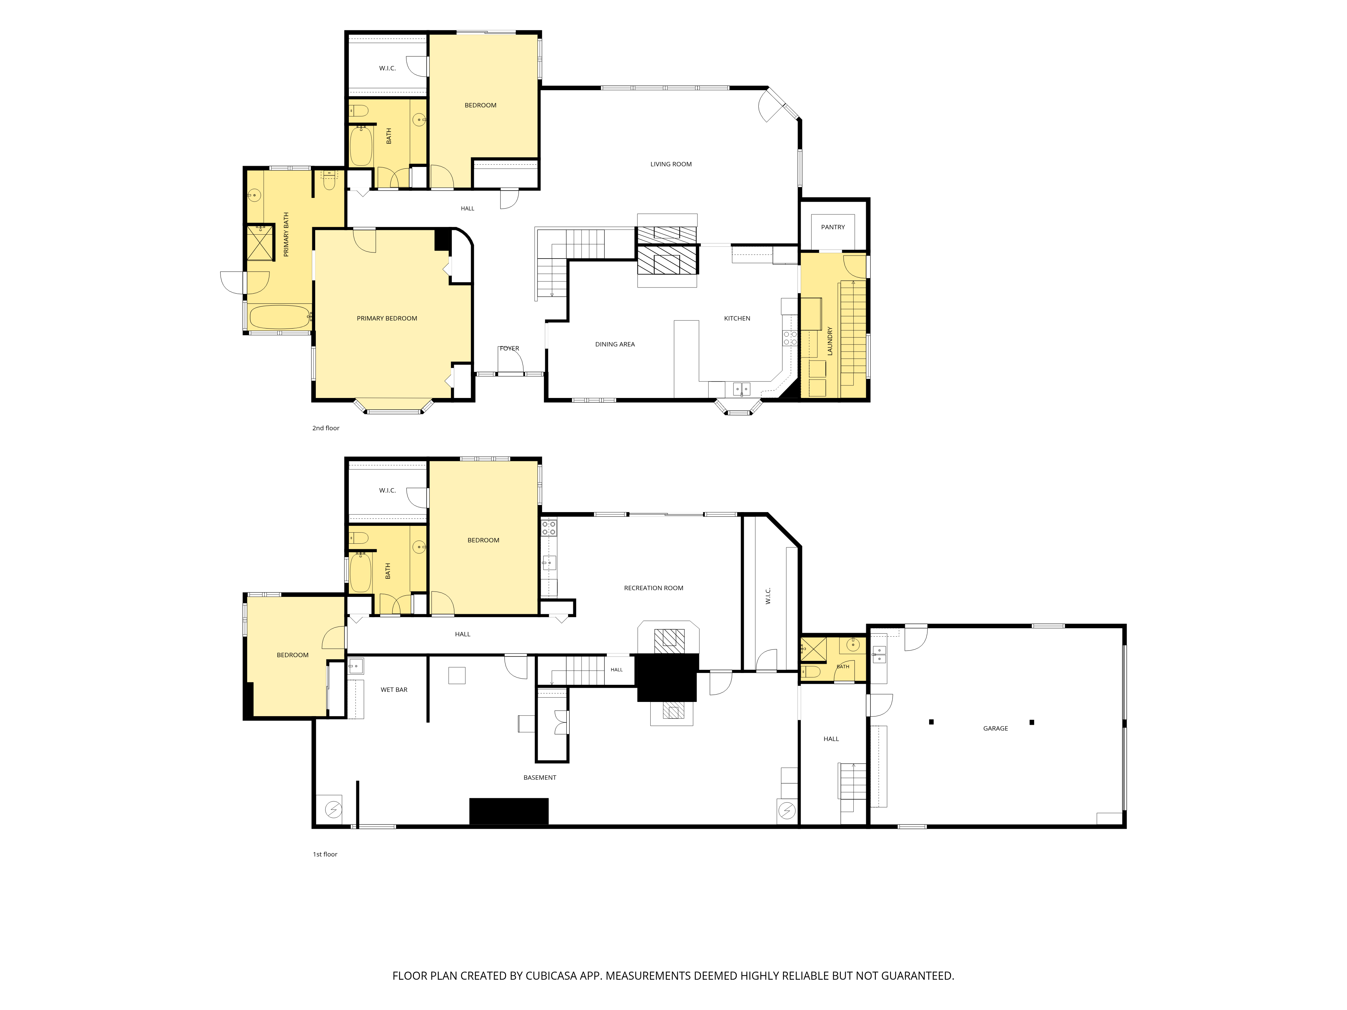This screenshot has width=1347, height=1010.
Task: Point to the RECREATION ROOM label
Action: click(x=653, y=588)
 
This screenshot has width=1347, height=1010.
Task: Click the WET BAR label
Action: click(x=394, y=690)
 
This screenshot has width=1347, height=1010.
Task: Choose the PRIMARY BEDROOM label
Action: click(x=387, y=318)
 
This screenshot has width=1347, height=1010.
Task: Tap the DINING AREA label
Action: click(x=615, y=345)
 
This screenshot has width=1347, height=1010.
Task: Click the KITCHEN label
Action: click(x=737, y=318)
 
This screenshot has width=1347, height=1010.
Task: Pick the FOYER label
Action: click(x=510, y=349)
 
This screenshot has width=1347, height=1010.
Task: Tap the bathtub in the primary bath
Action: click(x=280, y=317)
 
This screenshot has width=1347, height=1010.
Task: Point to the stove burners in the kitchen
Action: click(x=790, y=338)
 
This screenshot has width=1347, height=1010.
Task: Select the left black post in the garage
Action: click(x=931, y=722)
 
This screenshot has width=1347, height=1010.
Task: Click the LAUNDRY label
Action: click(x=829, y=341)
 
